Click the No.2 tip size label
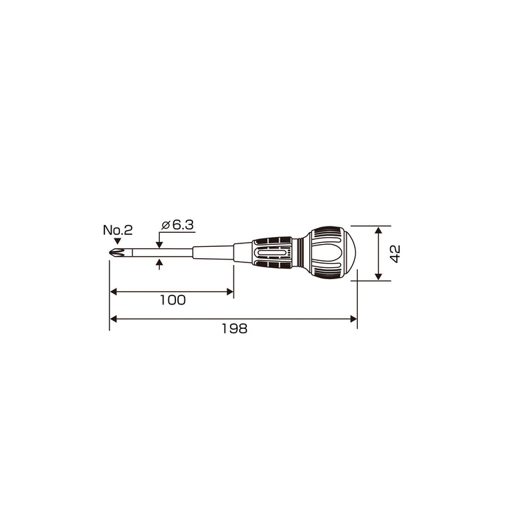[118, 230]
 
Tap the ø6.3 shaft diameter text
[177, 225]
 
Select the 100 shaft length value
[173, 300]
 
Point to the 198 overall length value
[234, 328]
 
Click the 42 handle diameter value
[395, 254]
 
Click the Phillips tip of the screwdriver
[117, 252]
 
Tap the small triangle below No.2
[118, 241]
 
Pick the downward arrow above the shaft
[159, 245]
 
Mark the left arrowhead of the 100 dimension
[114, 292]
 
